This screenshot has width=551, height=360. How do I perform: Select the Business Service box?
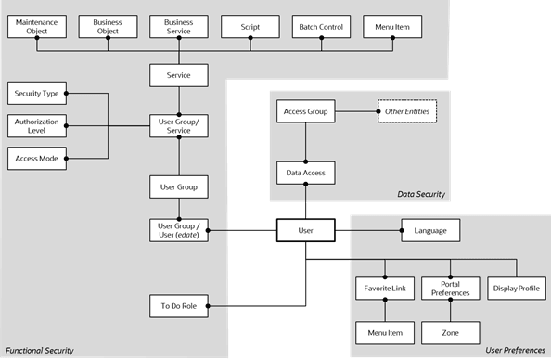[178, 26]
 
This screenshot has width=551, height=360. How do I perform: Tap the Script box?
[250, 26]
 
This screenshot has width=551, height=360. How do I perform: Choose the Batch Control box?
[321, 26]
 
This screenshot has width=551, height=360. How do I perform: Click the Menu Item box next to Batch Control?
[391, 26]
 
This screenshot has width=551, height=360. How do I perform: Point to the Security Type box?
[35, 94]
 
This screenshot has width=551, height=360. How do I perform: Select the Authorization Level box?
[35, 125]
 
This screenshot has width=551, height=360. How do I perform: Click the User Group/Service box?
[178, 125]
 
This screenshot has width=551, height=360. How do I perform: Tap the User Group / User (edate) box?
[178, 229]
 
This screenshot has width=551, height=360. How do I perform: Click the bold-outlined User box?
[305, 229]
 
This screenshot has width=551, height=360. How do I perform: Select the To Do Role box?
[178, 304]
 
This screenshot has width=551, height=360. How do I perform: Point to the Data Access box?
[305, 172]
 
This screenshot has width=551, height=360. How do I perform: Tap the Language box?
[429, 229]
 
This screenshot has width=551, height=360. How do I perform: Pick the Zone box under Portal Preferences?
[450, 330]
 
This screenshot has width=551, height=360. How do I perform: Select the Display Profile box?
[517, 289]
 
